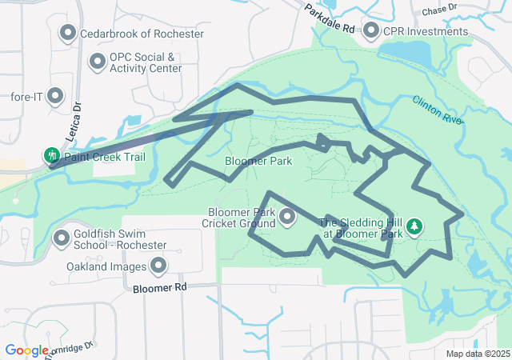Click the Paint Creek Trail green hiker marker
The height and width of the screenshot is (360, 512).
(52, 156)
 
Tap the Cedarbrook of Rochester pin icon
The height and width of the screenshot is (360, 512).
(68, 33)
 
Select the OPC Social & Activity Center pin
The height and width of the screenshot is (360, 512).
(98, 61)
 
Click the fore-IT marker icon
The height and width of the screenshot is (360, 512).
(55, 96)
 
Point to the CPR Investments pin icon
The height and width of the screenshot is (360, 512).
(371, 30)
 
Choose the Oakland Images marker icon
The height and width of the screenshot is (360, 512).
(158, 265)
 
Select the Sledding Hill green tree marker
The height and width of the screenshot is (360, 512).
(414, 227)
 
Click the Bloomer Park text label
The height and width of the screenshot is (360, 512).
(258, 161)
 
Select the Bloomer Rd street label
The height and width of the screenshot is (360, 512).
(159, 286)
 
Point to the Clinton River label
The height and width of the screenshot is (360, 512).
(438, 110)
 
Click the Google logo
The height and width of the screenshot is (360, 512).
(26, 350)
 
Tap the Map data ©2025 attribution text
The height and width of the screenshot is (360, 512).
(477, 354)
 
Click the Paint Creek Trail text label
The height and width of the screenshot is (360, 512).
(106, 157)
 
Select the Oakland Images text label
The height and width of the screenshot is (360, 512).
(106, 266)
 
